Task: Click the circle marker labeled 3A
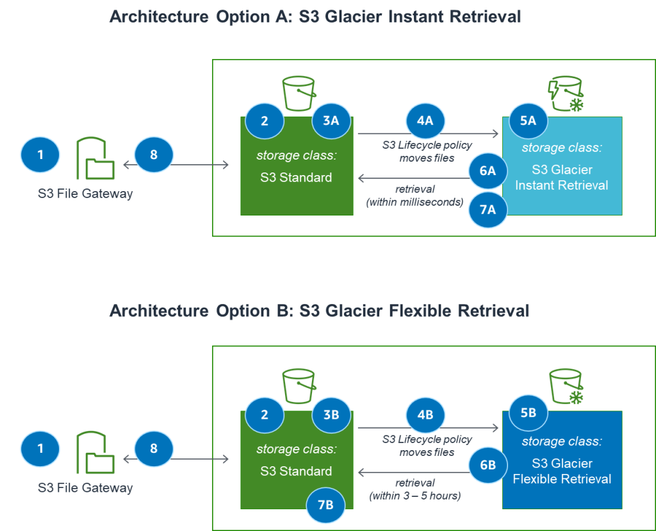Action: coord(331,121)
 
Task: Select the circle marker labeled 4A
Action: coord(425,121)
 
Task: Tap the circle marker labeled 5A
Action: coord(528,121)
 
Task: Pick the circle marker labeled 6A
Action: coord(488,171)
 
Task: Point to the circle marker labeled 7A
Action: coord(488,209)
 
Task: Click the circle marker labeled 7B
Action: coord(326,505)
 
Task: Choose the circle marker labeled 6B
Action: coord(488,465)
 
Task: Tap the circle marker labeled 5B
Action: coord(528,414)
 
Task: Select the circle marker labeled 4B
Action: coord(425,414)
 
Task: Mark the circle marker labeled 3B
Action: coord(331,414)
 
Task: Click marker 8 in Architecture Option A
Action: coord(154,155)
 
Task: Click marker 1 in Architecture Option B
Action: coord(40,448)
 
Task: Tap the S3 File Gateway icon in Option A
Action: coord(95,159)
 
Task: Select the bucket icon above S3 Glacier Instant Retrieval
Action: coord(566,95)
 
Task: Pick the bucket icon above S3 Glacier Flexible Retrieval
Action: coord(566,388)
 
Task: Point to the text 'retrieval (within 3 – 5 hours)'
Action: coord(414,489)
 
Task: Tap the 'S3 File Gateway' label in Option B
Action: coord(85,488)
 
